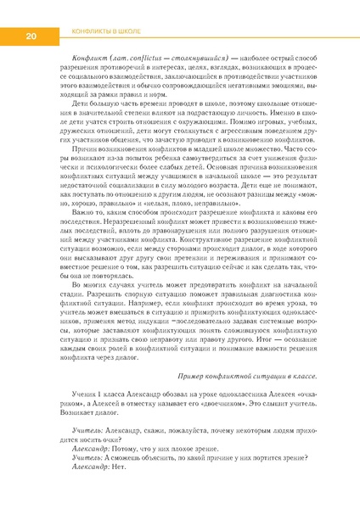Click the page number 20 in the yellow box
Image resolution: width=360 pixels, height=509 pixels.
point(18,36)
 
